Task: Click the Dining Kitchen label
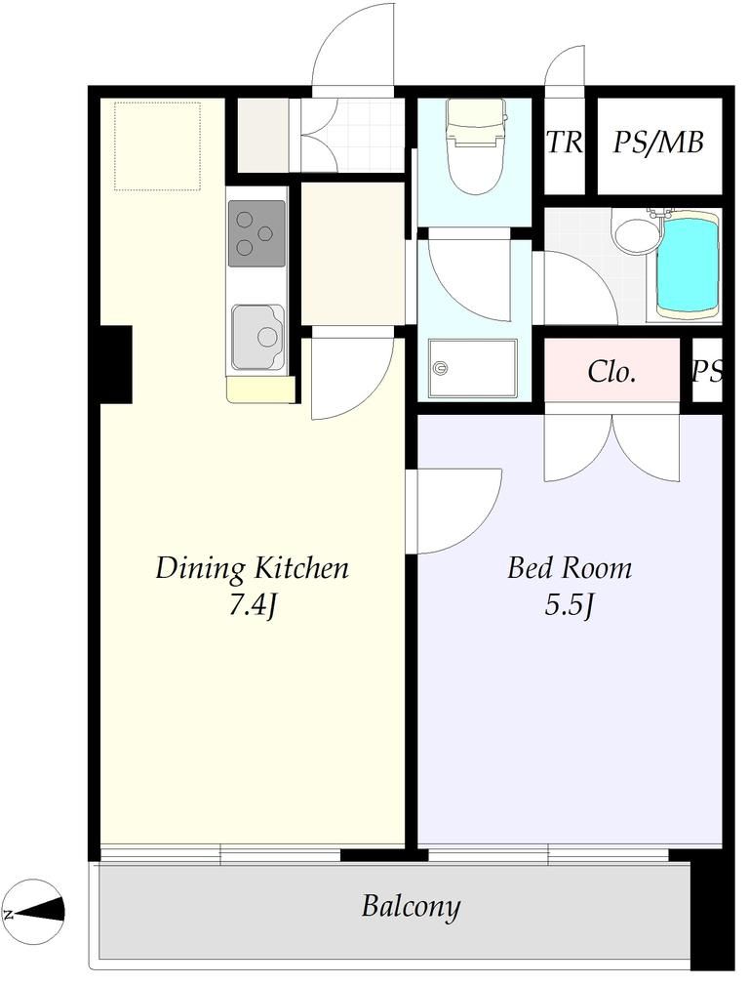coord(252,568)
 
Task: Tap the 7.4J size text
coord(252,606)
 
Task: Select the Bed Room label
coord(570,568)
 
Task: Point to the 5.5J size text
coord(570,606)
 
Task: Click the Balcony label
coord(411,907)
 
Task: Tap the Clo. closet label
coord(612,372)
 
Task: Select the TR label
coord(565,142)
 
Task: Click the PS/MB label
coord(658,142)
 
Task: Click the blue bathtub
coord(688,266)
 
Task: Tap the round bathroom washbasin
coord(636,233)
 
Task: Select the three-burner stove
coord(256,233)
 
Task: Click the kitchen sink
coord(256,338)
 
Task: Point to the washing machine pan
coord(473,368)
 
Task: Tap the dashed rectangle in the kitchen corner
coord(158,146)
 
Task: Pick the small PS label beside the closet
coord(708,372)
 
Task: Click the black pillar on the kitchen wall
coord(115,364)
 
